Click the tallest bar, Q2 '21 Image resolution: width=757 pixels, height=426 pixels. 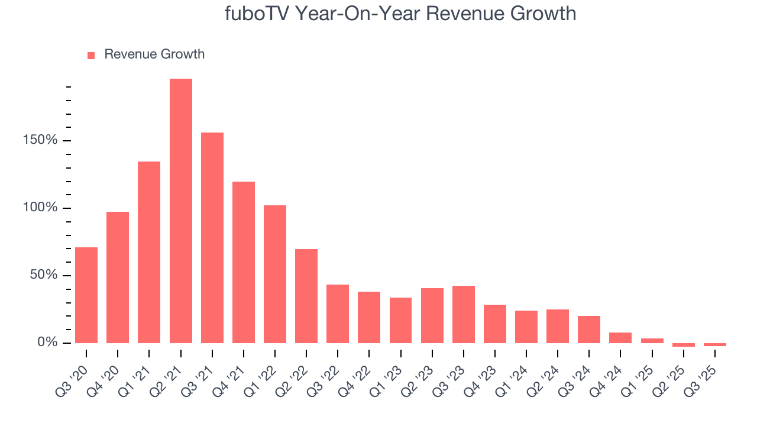tap(181, 211)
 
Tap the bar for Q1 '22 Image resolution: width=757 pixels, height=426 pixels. tap(275, 274)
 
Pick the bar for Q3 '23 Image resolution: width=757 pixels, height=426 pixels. tap(464, 314)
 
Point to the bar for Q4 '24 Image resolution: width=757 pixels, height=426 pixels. tap(620, 338)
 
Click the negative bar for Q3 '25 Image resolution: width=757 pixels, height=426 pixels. tap(715, 344)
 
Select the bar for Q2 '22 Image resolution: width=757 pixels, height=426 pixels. tap(306, 296)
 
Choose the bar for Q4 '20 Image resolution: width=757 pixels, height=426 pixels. tap(118, 277)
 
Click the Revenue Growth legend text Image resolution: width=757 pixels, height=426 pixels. tap(154, 54)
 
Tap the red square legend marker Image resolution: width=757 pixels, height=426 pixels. tap(91, 55)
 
